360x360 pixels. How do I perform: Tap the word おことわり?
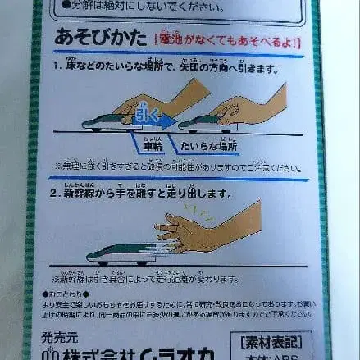pos(68,293)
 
